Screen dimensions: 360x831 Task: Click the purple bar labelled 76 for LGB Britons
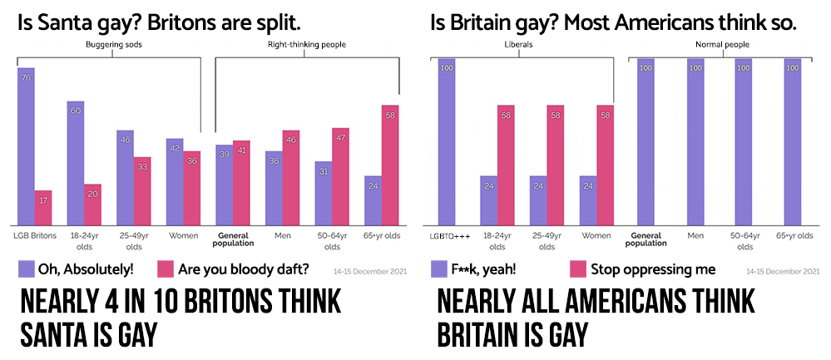(27, 145)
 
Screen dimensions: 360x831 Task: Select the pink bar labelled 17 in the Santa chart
(43, 208)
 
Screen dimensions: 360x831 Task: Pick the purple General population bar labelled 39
(224, 185)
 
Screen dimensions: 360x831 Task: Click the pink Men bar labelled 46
(291, 178)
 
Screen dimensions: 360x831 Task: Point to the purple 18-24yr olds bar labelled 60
(76, 162)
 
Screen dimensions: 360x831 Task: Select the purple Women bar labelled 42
(175, 181)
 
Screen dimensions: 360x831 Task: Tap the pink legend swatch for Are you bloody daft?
(166, 268)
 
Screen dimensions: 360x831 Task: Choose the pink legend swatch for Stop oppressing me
(577, 269)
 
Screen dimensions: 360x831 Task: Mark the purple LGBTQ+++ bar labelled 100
(447, 141)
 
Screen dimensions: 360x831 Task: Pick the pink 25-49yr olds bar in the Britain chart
(556, 165)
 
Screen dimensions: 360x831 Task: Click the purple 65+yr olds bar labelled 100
(792, 141)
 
